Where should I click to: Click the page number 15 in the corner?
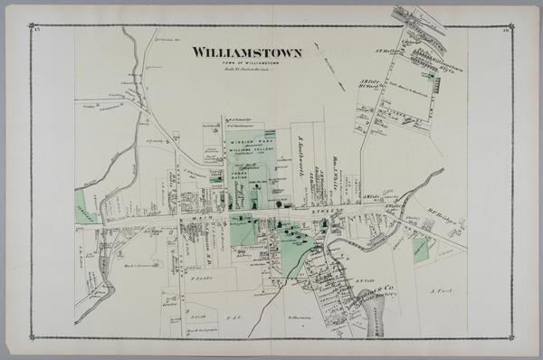pos(37,30)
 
